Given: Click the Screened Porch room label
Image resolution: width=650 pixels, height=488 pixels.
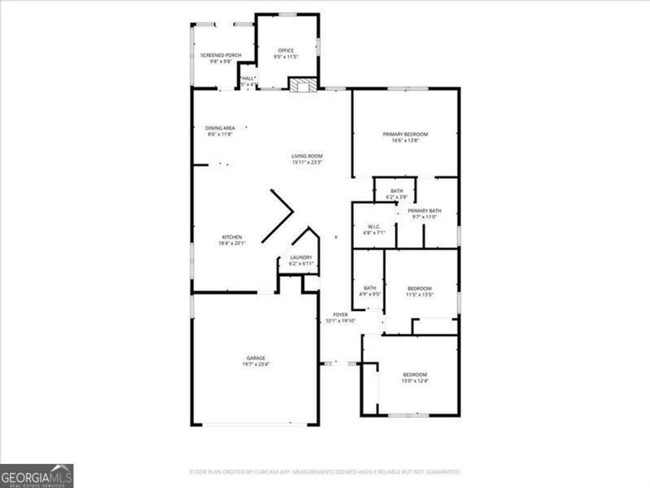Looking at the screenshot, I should point(220,55).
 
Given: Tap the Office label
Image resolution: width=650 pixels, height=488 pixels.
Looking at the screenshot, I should point(286,50).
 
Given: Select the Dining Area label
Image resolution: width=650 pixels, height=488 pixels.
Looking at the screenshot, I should point(220,128).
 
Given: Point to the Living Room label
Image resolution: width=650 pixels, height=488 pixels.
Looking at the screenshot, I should point(307,156).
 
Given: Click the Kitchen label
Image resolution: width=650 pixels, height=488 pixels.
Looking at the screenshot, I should point(232,237).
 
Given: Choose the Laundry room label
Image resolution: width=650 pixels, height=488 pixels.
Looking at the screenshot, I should point(300,257).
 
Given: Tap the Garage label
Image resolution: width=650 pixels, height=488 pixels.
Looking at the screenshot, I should point(256,358).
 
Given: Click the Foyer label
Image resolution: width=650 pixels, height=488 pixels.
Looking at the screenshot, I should point(340,315).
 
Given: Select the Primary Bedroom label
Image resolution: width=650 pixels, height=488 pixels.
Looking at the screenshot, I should point(405,134).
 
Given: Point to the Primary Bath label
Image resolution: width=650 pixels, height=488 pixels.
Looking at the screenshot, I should point(426,210).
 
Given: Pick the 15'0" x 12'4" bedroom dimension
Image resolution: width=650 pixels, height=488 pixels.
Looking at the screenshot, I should point(415,381).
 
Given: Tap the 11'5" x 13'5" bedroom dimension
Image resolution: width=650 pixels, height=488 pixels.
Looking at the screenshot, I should point(419,295).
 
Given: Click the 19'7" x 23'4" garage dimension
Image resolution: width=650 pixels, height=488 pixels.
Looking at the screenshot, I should point(256,364).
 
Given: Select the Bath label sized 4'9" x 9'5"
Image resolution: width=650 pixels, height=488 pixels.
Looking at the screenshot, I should point(370,288).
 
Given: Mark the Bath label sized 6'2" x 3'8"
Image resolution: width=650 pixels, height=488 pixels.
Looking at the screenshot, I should point(396,191).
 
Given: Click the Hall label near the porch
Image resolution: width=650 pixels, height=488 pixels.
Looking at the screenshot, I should point(248,78).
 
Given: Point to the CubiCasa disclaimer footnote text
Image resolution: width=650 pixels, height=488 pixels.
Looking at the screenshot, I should point(324,472).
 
